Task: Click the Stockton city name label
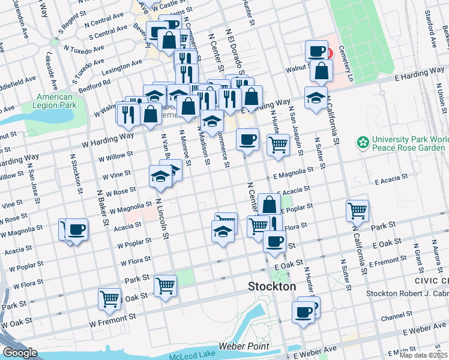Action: click(x=272, y=287)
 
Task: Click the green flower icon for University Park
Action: click(x=363, y=143)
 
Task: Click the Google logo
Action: click(x=20, y=353)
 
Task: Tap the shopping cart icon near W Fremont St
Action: click(x=109, y=298)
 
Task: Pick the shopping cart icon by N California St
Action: click(x=357, y=210)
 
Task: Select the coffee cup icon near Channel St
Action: click(x=303, y=311)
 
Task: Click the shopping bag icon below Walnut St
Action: click(x=322, y=70)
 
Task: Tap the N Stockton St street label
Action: click(x=76, y=175)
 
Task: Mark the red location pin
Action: click(x=328, y=53)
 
